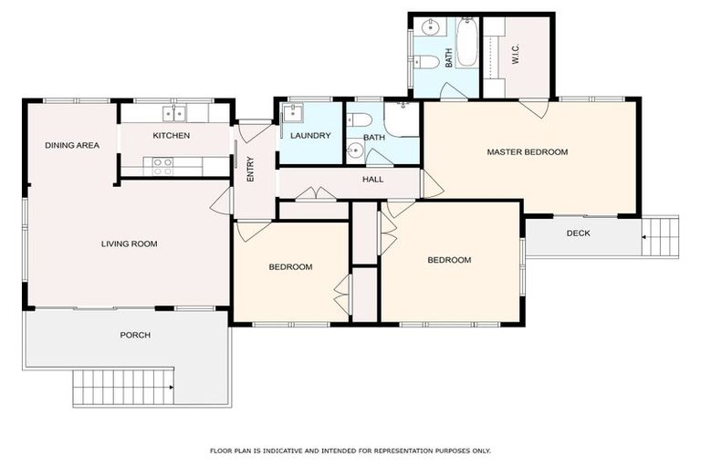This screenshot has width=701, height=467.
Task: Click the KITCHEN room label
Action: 171,136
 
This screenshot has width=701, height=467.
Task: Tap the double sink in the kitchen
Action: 173,113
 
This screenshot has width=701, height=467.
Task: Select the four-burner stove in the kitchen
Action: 162,166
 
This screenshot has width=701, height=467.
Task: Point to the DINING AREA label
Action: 72,145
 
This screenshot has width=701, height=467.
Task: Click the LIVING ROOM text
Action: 129,244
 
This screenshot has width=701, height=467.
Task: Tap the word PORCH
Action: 135,335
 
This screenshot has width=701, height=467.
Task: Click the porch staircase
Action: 122,387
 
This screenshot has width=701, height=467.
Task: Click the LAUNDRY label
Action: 310,136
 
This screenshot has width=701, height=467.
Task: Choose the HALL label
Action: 372,180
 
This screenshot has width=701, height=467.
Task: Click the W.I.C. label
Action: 516,56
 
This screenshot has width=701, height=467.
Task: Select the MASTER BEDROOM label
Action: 527,152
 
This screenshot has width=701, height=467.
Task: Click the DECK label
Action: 578,233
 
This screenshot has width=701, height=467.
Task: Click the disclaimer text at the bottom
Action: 350,451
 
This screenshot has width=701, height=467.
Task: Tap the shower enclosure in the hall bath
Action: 402,119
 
